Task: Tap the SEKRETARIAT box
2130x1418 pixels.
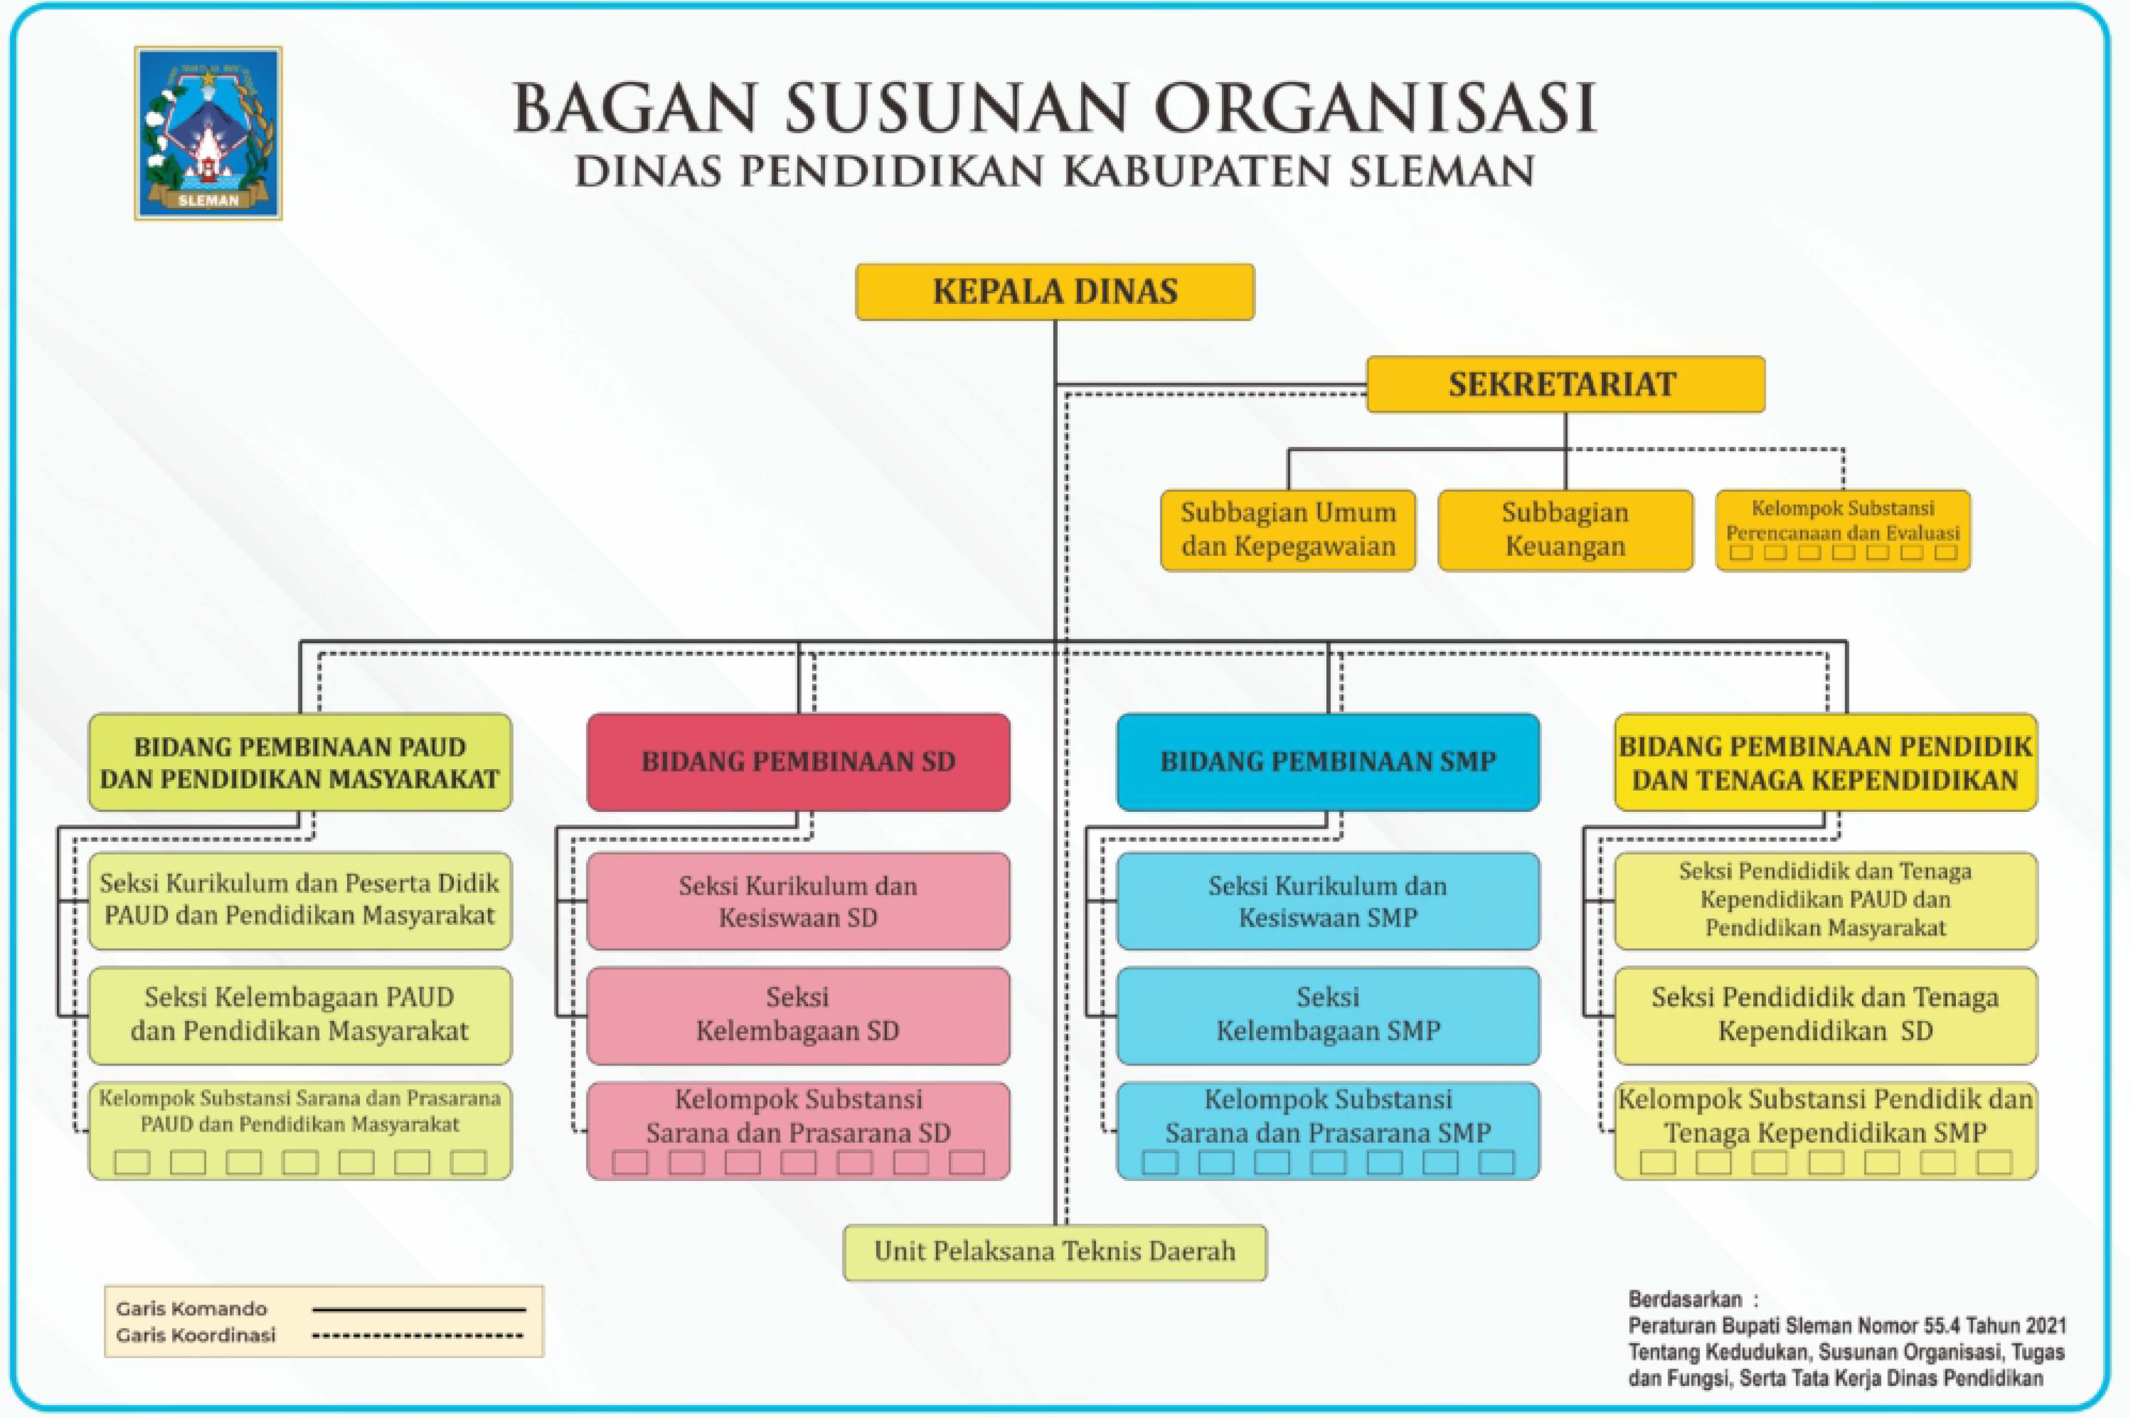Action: pyautogui.click(x=1565, y=384)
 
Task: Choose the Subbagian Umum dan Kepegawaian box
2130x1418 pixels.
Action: pyautogui.click(x=1288, y=530)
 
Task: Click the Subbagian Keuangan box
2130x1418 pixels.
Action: pyautogui.click(x=1565, y=530)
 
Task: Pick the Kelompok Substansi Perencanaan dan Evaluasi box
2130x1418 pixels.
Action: pyautogui.click(x=1842, y=530)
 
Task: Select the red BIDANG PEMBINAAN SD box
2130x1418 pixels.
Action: pyautogui.click(x=798, y=762)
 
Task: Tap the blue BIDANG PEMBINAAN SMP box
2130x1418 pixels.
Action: pyautogui.click(x=1328, y=762)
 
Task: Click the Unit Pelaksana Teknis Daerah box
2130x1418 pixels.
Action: pyautogui.click(x=1055, y=1253)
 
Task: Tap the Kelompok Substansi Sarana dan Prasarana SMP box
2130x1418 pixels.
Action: pyautogui.click(x=1328, y=1130)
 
